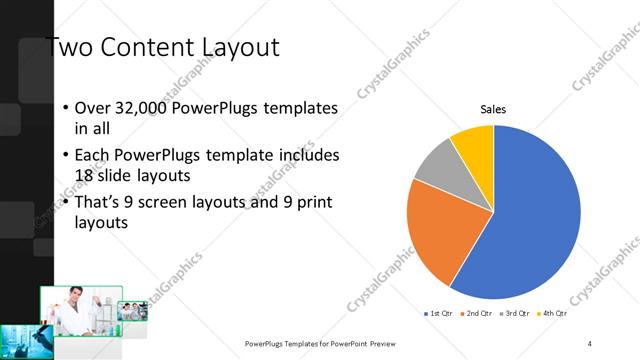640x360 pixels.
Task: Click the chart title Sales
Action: pyautogui.click(x=493, y=109)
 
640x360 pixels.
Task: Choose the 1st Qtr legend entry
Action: pyautogui.click(x=441, y=314)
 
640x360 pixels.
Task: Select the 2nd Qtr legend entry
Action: pyautogui.click(x=478, y=314)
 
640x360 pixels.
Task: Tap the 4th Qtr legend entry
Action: pyautogui.click(x=553, y=314)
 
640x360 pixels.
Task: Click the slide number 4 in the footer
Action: pyautogui.click(x=590, y=342)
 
